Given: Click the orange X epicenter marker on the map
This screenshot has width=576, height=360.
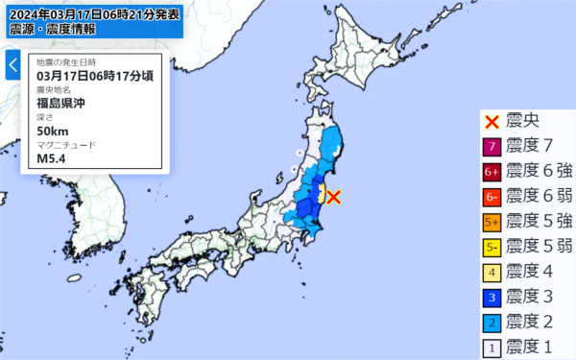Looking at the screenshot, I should point(333,198).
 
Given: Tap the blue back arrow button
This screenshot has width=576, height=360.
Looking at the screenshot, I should point(12,65).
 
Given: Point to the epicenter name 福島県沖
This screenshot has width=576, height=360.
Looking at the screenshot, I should point(62,103).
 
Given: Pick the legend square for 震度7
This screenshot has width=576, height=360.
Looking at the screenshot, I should point(492,147).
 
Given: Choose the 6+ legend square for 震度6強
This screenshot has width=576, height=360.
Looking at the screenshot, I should point(492,172).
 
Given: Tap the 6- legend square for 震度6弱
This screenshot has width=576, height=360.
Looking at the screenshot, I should point(492,197).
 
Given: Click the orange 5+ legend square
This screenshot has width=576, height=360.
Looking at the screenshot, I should point(492,222).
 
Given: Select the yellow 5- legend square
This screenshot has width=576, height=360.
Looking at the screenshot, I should point(492,247).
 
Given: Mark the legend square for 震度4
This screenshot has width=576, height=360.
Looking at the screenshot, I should point(492,272).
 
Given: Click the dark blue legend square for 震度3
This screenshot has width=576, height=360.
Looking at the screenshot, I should point(492,297).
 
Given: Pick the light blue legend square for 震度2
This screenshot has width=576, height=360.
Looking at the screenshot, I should point(492,322).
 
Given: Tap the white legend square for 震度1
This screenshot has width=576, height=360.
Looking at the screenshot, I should point(492,347).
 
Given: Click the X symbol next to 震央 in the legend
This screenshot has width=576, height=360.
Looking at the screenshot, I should point(492,122).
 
